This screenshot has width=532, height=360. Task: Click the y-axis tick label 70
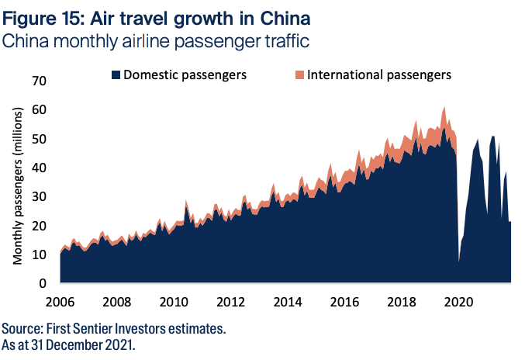(x=39, y=81)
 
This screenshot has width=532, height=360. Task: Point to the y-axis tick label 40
(x=39, y=168)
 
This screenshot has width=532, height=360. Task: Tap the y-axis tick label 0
(x=43, y=283)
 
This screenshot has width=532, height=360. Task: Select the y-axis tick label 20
(x=39, y=225)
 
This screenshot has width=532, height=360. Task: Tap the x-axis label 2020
(x=457, y=301)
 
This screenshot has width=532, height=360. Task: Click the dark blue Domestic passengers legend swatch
(x=116, y=75)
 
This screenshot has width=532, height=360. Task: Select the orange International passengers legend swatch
(x=299, y=75)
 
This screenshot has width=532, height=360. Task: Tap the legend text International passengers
(x=378, y=75)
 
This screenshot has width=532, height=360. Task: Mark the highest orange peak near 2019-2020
(x=444, y=108)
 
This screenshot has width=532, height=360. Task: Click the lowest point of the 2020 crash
(x=458, y=262)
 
